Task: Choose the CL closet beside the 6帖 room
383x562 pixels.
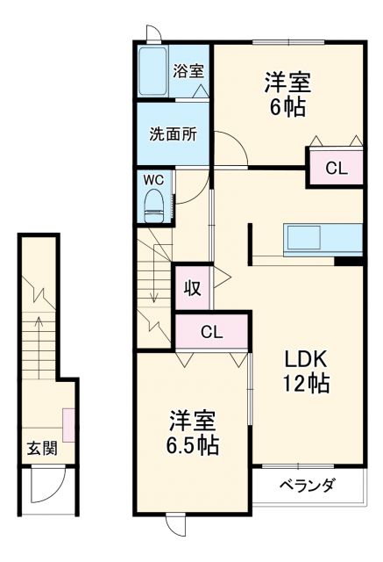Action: coord(336,169)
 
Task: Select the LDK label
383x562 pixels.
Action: coord(304,358)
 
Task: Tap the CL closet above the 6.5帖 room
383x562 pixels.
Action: coord(211,331)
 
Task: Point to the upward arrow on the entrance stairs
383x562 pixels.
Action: coord(38,338)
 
